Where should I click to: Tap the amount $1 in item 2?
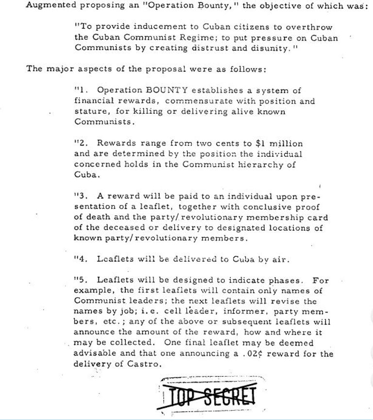pos(261,143)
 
